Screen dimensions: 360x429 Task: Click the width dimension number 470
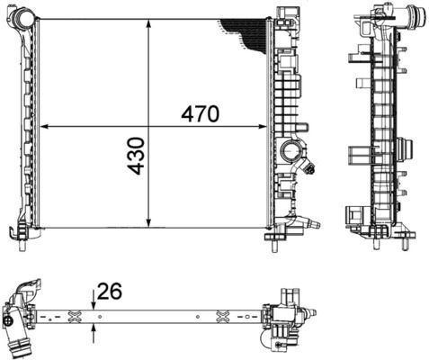[x=200, y=114]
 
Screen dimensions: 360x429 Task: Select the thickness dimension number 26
[x=110, y=292]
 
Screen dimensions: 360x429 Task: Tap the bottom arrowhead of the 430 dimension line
[x=149, y=225]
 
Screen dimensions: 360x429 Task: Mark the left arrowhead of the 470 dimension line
[x=45, y=127]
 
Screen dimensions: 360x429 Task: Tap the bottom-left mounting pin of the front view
[x=21, y=239]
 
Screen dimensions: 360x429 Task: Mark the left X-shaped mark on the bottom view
[x=75, y=316]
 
